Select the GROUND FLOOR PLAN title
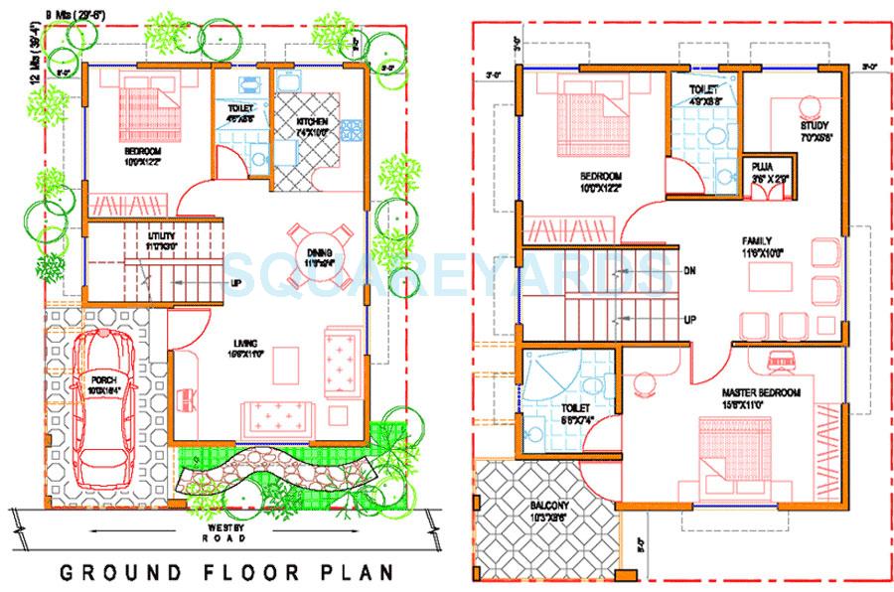pos(225,573)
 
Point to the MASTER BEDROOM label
pos(761,393)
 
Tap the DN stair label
pos(687,270)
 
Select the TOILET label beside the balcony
pos(574,408)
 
